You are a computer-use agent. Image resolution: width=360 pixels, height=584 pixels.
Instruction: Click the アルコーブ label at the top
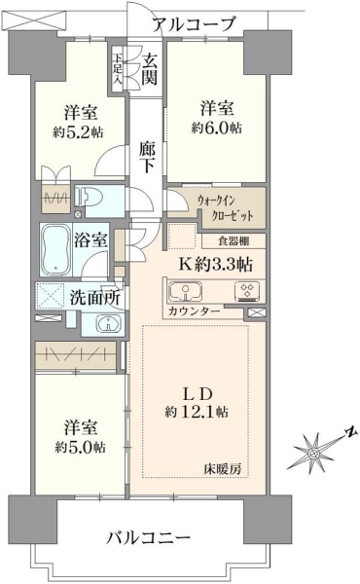(x=195, y=23)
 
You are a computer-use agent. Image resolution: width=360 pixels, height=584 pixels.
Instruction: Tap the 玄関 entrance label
(x=150, y=69)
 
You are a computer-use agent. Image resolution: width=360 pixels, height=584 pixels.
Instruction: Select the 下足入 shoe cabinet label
(x=118, y=68)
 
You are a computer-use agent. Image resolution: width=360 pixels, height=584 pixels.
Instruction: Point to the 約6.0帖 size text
(x=217, y=128)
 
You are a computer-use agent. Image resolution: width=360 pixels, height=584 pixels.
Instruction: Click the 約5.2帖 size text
(x=78, y=132)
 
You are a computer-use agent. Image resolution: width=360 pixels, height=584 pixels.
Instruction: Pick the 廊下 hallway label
(x=147, y=157)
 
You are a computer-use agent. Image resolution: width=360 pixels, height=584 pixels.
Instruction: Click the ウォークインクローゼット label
(x=226, y=208)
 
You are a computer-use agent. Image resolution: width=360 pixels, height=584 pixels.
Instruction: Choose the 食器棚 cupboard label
(x=234, y=241)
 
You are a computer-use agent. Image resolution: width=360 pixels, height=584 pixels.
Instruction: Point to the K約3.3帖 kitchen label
(x=216, y=265)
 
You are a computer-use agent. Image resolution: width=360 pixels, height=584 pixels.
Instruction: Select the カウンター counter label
(x=194, y=311)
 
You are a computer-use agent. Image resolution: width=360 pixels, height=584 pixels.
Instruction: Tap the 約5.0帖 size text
(x=80, y=447)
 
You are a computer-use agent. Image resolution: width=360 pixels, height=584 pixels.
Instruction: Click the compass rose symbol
(x=315, y=452)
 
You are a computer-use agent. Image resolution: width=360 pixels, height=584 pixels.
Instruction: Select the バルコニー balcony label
(x=149, y=537)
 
